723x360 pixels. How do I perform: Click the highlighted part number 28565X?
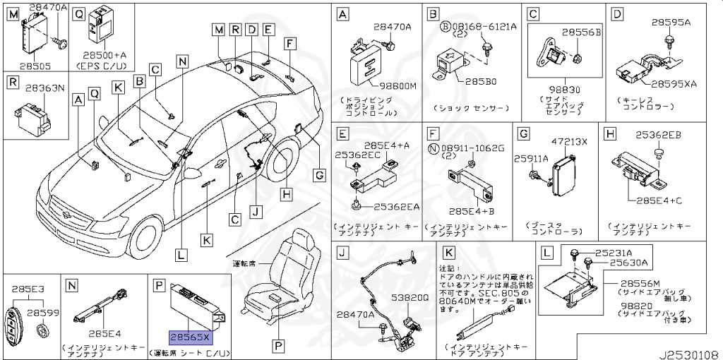tap(189, 337)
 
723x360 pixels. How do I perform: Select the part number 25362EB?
tap(657, 133)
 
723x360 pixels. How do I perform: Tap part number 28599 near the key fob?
tap(42, 311)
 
